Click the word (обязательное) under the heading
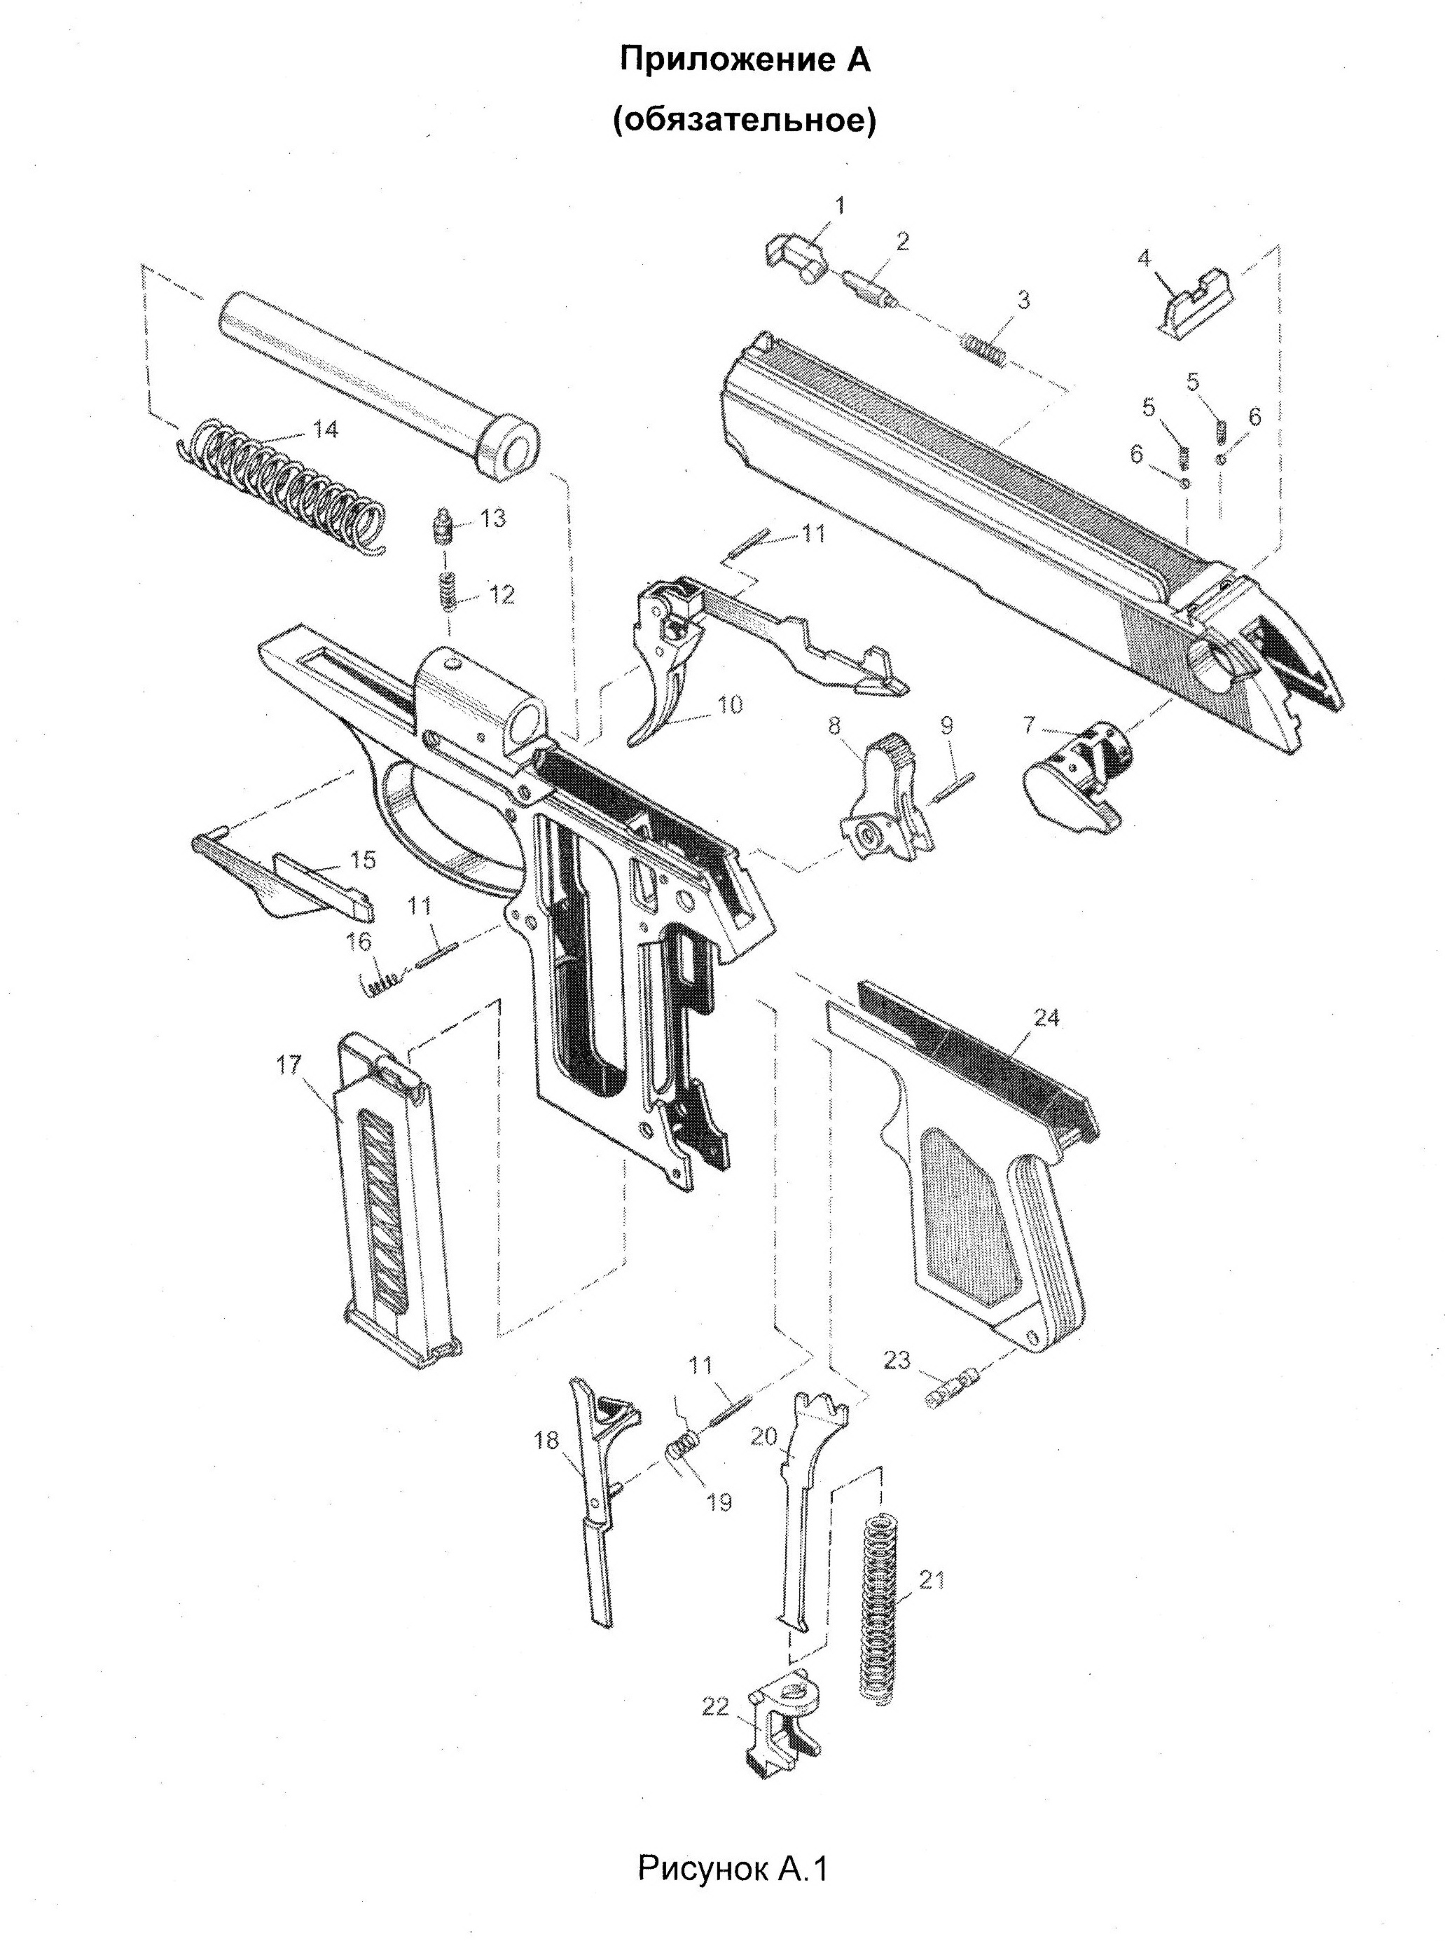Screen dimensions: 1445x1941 (x=743, y=121)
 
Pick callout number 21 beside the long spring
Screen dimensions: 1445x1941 (x=932, y=1579)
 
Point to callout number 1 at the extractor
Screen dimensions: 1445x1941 (x=840, y=207)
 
